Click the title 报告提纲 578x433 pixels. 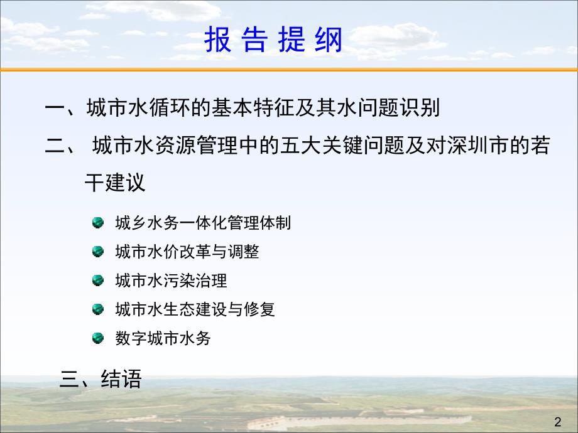point(273,41)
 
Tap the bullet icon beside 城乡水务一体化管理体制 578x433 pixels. point(97,223)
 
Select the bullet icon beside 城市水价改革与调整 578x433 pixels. point(97,252)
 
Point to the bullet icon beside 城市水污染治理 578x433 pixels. point(97,281)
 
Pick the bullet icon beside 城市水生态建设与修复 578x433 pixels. point(97,309)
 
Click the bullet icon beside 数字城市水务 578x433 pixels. point(97,338)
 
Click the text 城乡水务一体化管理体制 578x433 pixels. point(203,223)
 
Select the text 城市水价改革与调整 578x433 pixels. point(187,252)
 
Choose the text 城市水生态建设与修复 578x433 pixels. point(195,309)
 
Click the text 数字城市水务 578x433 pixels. point(163,338)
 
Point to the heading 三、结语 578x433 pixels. point(101,379)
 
